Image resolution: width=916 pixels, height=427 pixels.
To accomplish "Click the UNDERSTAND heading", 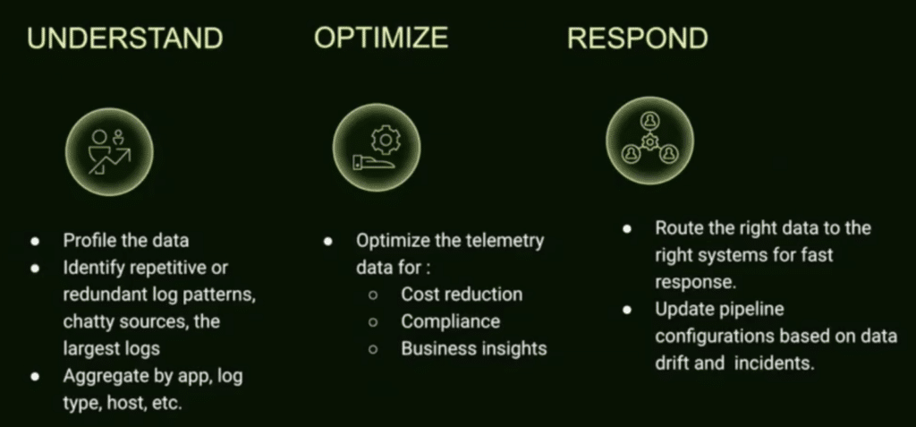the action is pyautogui.click(x=125, y=38).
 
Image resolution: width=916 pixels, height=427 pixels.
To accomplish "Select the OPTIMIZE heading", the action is pyautogui.click(x=381, y=38).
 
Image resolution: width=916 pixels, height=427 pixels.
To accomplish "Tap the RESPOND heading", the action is pyautogui.click(x=637, y=38).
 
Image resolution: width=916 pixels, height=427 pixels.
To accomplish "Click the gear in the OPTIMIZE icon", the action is pyautogui.click(x=385, y=141).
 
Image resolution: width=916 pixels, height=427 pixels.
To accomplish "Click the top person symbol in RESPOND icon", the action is pyautogui.click(x=649, y=121).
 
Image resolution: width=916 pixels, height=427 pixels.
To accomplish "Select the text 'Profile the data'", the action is pyautogui.click(x=125, y=241).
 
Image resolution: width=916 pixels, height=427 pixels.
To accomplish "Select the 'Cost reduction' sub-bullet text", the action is pyautogui.click(x=462, y=295).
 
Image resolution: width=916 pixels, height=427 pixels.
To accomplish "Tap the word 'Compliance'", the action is pyautogui.click(x=451, y=321).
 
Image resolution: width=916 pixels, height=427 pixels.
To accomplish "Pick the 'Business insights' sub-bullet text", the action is pyautogui.click(x=474, y=348).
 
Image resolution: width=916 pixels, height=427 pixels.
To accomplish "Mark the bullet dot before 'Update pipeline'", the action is pyautogui.click(x=627, y=310).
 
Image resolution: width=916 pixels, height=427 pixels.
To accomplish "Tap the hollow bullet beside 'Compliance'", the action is pyautogui.click(x=373, y=322).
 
